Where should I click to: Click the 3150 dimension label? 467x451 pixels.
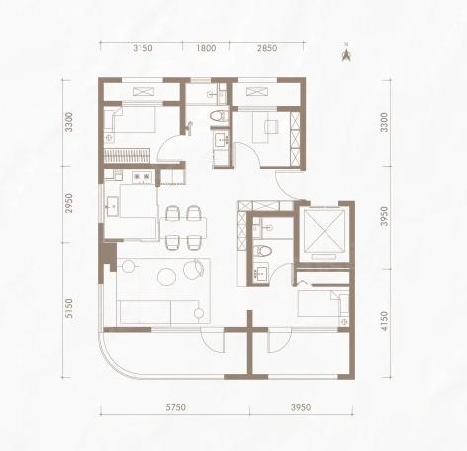click(x=142, y=48)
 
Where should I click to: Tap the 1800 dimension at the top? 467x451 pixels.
click(x=206, y=48)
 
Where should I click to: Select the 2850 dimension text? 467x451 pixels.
click(x=267, y=48)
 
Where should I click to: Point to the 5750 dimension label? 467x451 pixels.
click(x=176, y=407)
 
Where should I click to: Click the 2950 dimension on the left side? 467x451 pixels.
click(x=69, y=203)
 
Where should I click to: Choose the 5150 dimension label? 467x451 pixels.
click(x=69, y=308)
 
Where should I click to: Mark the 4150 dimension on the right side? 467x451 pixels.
click(x=384, y=321)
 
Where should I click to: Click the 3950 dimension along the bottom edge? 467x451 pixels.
click(x=301, y=407)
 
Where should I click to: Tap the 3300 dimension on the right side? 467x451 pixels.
click(x=384, y=122)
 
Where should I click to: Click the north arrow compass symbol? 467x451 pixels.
click(x=346, y=54)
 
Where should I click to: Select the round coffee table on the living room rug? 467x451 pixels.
click(x=166, y=277)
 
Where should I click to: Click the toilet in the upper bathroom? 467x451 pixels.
click(x=219, y=116)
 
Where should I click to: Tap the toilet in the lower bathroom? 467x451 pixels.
click(x=262, y=251)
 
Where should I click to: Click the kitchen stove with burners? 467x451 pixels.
click(x=141, y=177)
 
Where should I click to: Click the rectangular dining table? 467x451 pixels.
click(x=183, y=228)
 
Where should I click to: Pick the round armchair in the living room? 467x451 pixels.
click(x=194, y=269)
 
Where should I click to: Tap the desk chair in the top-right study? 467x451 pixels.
click(x=272, y=126)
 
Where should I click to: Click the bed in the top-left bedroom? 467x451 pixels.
click(x=130, y=120)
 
